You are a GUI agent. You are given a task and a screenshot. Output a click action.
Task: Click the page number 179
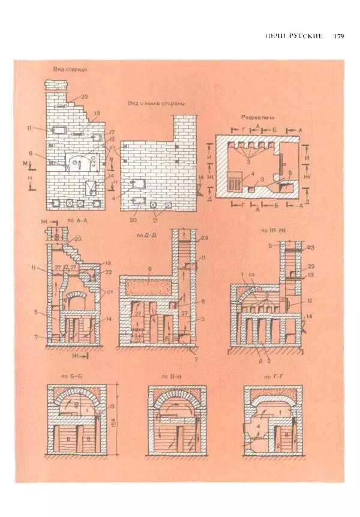[337, 37]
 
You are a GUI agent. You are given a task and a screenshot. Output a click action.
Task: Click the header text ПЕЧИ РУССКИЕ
[295, 37]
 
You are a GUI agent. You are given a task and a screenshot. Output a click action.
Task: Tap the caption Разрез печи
[257, 117]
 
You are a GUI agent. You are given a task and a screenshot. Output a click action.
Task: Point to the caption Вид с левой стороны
[155, 103]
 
